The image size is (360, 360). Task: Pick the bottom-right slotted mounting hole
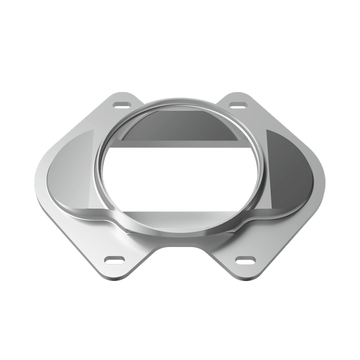(245, 260)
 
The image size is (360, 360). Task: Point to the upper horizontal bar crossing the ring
(180, 144)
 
